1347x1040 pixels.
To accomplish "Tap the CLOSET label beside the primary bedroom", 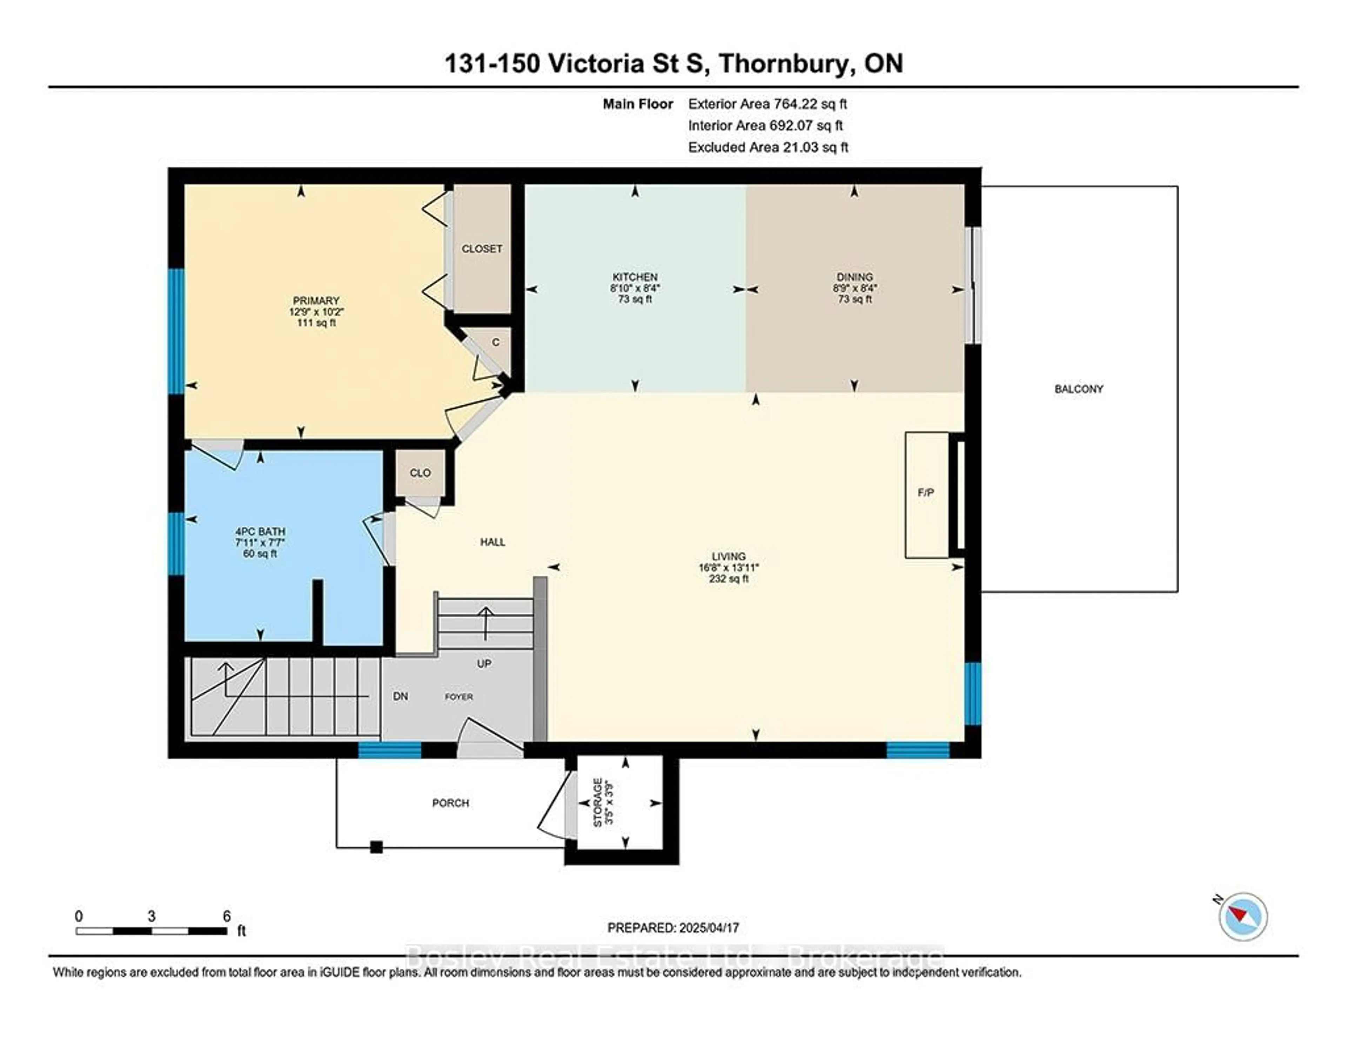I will (482, 249).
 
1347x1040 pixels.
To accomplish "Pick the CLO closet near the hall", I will (420, 473).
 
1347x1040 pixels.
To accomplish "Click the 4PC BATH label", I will (260, 532).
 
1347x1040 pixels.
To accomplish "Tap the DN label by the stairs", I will (401, 696).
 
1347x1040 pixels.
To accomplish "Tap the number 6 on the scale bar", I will (226, 916).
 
